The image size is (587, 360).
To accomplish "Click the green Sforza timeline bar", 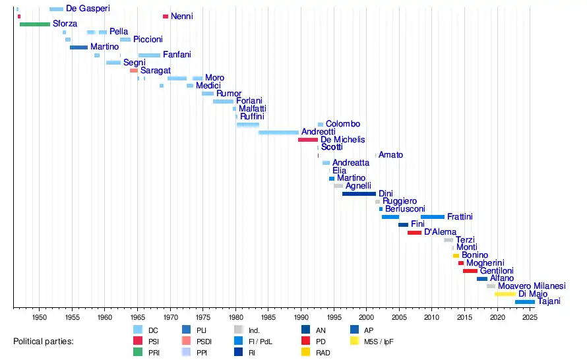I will point(35,24).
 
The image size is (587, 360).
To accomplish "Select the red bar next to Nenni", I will point(166,16).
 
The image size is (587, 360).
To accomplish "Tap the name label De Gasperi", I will point(88,9).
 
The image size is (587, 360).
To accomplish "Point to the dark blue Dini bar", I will point(359,194).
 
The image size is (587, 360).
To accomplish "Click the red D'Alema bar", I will point(414,233).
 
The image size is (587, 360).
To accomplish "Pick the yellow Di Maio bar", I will point(505,294).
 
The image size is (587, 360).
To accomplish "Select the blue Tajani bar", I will point(525,302).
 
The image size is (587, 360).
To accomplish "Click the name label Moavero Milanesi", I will point(532,286).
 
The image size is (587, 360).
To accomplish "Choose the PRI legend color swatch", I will point(138,352).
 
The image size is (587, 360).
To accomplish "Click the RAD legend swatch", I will point(306,352).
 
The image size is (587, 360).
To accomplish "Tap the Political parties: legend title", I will point(43,342).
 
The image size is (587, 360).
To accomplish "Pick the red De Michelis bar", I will point(308,140).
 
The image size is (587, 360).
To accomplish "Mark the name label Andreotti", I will point(318,132).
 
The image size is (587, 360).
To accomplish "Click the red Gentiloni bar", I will point(470,271).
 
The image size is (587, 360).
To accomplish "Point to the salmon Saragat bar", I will point(134,71).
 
